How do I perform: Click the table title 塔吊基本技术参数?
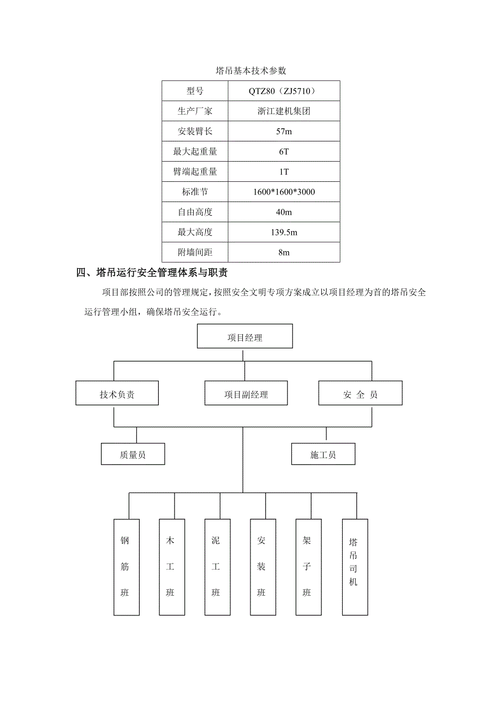[x=251, y=70]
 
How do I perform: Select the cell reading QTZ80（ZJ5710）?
[x=284, y=91]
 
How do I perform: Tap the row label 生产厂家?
[x=195, y=111]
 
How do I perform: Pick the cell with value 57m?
[x=284, y=131]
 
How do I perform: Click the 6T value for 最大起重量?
[x=284, y=151]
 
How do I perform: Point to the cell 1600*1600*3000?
[x=284, y=192]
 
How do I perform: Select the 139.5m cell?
[x=284, y=232]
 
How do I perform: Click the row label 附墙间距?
[x=195, y=252]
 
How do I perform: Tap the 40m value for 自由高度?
[x=284, y=212]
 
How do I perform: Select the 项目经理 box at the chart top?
[x=244, y=337]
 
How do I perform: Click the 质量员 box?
[x=133, y=454]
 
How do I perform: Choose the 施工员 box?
[x=323, y=454]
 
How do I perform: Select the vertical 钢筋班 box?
[x=125, y=566]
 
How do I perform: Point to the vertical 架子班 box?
[x=307, y=566]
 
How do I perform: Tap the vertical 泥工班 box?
[x=216, y=566]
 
